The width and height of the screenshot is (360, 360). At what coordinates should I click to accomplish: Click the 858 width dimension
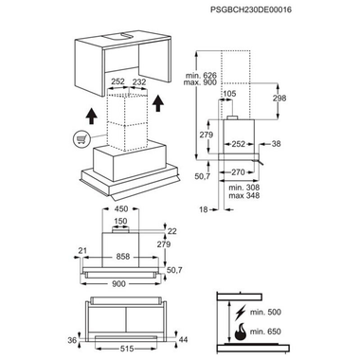click(x=123, y=257)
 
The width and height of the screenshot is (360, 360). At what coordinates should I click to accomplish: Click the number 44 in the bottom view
click(x=183, y=339)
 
